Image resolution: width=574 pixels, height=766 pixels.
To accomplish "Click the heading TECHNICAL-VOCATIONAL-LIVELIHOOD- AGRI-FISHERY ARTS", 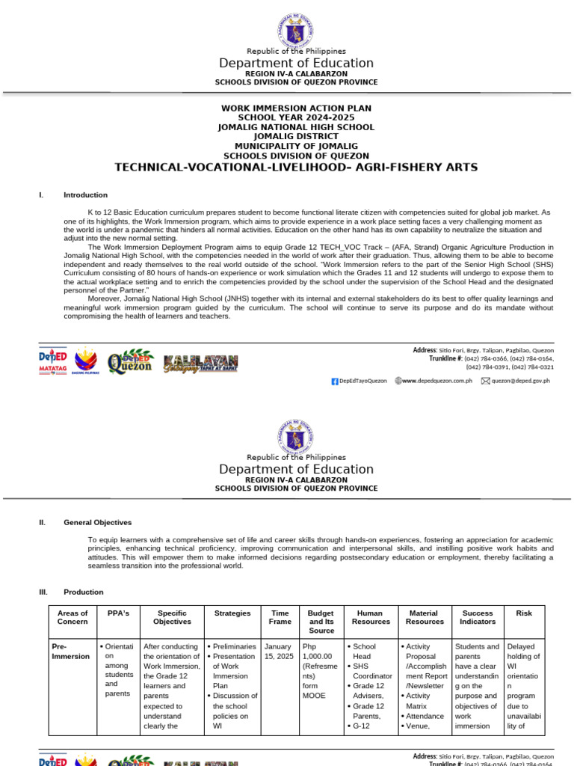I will [295, 167].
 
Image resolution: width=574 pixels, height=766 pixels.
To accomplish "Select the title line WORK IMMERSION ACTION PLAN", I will [296, 108].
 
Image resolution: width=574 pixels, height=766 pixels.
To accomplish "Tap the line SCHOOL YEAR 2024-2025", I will [296, 117].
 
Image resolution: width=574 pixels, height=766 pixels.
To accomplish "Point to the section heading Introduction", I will [85, 194].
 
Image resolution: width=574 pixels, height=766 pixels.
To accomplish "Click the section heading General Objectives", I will [97, 523].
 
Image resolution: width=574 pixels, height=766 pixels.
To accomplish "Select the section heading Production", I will [83, 592].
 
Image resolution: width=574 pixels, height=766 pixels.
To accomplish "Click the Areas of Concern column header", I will [72, 617].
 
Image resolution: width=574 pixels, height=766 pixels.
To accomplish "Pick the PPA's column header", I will [118, 613].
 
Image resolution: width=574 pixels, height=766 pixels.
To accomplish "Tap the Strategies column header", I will [232, 613].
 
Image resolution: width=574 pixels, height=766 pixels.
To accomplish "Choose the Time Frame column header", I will [280, 617].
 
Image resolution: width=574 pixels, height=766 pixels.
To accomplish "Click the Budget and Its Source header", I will [321, 622].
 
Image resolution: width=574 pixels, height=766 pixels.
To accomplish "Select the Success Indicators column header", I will [478, 617].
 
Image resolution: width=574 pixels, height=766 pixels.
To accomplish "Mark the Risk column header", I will [524, 613].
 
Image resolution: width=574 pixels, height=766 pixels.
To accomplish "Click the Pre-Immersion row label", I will [70, 651].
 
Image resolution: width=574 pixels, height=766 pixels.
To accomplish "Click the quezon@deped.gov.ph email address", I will [521, 381].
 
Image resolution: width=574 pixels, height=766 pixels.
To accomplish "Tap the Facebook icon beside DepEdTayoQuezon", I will [335, 381].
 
